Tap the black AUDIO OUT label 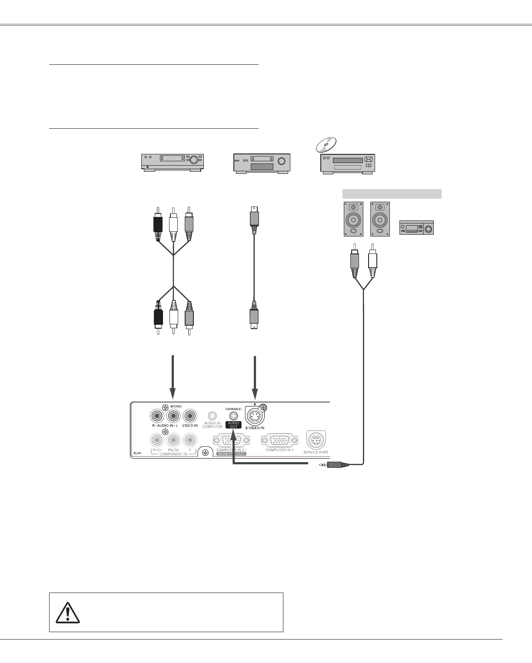coord(234,424)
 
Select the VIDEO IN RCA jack coord(189,416)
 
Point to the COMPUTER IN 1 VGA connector coord(279,441)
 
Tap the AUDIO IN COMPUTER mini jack coord(212,416)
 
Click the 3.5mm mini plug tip coord(322,465)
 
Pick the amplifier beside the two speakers coord(416,228)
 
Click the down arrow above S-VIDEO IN coord(255,404)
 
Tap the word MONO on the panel coord(176,406)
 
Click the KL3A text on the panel coord(137,453)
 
